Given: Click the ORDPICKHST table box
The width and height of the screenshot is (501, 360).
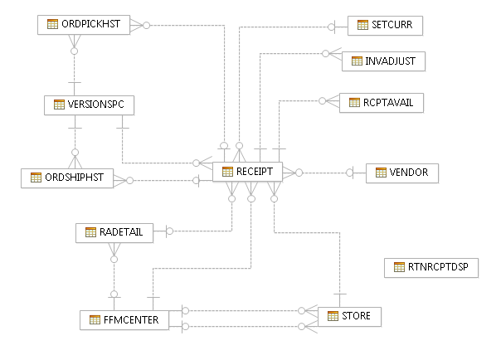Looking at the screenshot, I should pos(85,25).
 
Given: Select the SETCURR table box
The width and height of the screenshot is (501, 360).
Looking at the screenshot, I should pos(385,25).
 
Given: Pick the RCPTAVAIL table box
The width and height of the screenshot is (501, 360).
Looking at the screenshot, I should pos(382,102).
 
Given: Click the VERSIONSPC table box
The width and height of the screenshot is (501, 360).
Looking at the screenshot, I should pos(89,105).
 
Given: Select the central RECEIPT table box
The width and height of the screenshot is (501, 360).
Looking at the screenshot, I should pos(247,172).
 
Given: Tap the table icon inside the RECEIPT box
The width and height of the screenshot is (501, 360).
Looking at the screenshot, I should pos(227,172).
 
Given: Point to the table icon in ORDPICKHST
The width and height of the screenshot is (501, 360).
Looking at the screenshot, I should pos(52,25).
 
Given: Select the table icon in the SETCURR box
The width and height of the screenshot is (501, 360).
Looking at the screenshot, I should pos(362,25).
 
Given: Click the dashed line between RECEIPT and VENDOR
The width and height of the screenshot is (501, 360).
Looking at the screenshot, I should pos(323,173).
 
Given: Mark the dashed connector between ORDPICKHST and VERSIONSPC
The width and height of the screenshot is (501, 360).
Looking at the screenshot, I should pos(75,71).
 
